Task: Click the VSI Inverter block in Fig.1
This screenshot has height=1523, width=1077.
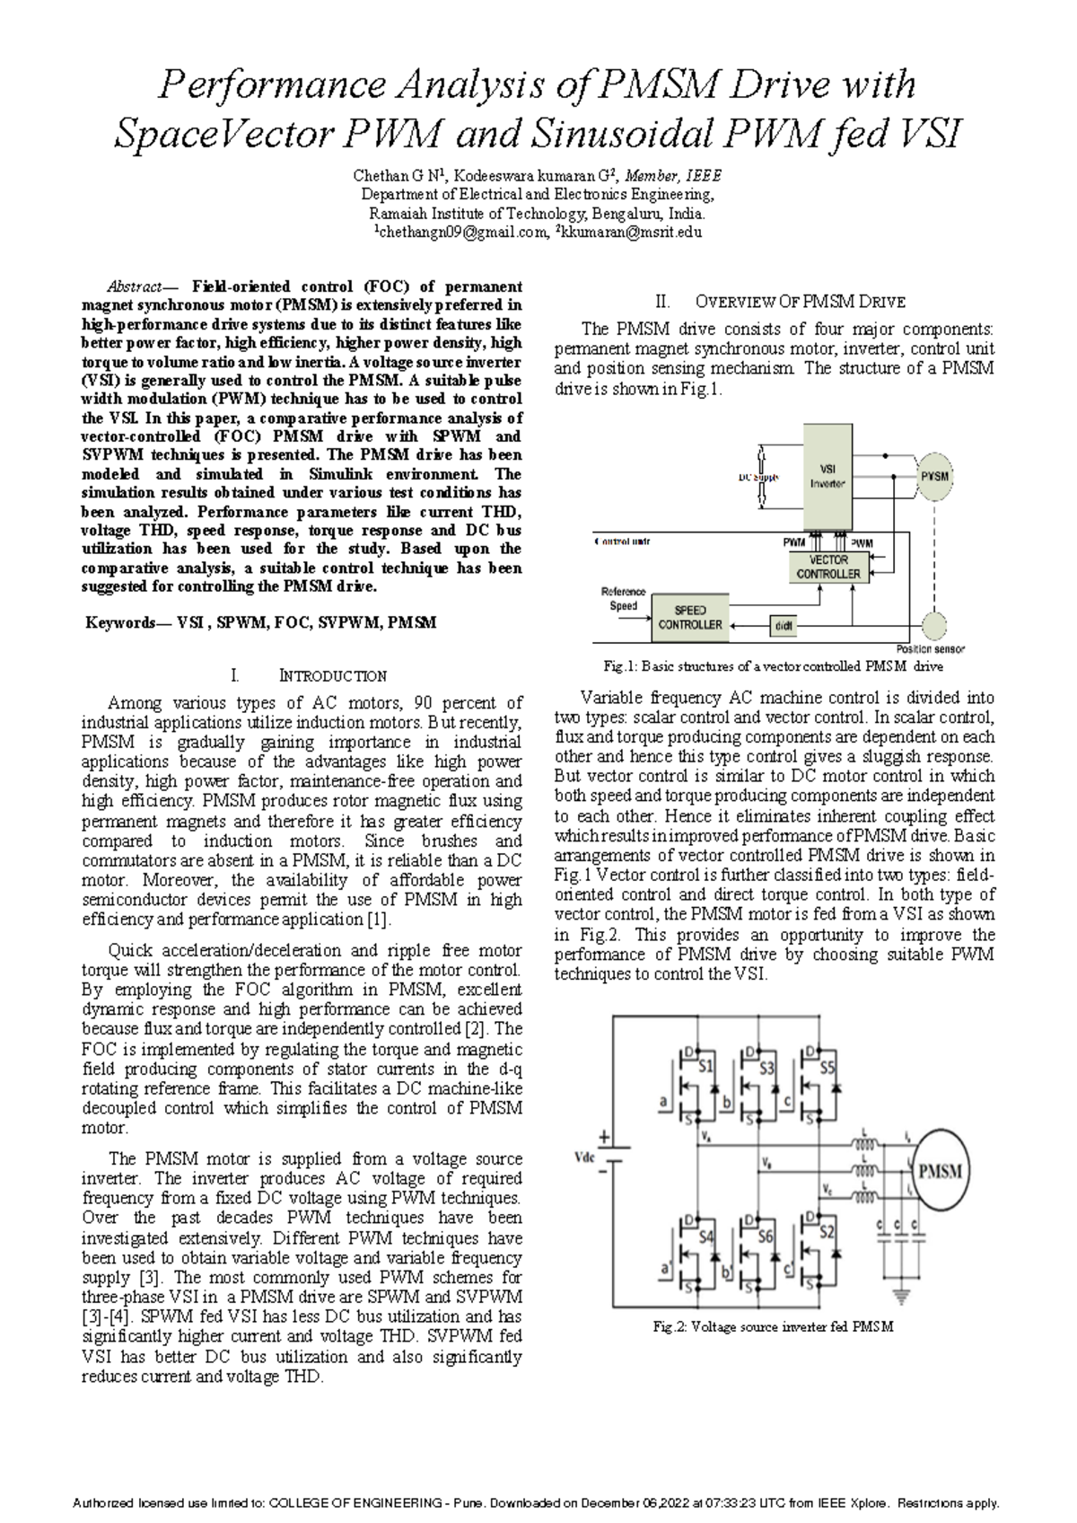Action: pyautogui.click(x=827, y=477)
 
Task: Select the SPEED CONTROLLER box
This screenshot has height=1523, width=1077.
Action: pyautogui.click(x=689, y=617)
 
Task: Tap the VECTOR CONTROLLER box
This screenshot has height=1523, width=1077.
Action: pyautogui.click(x=827, y=567)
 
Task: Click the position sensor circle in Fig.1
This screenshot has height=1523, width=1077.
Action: pyautogui.click(x=934, y=625)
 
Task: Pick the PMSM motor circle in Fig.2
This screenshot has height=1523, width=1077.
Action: pyautogui.click(x=941, y=1170)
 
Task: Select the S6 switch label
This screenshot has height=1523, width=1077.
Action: pyautogui.click(x=765, y=1236)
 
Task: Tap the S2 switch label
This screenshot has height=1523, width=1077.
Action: pyautogui.click(x=827, y=1230)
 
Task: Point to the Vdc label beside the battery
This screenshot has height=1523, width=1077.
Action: pyautogui.click(x=585, y=1158)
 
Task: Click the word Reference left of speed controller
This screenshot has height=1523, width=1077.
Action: pyautogui.click(x=623, y=592)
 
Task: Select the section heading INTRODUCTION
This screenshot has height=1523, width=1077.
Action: pyautogui.click(x=333, y=675)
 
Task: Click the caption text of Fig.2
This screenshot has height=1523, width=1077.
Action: pyautogui.click(x=773, y=1326)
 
